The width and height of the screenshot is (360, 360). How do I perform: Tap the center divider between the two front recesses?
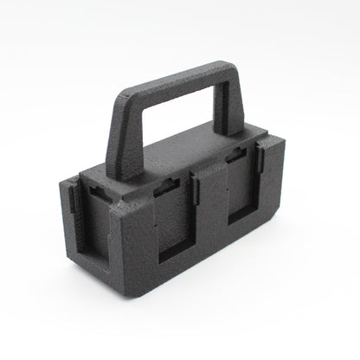(206, 212)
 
